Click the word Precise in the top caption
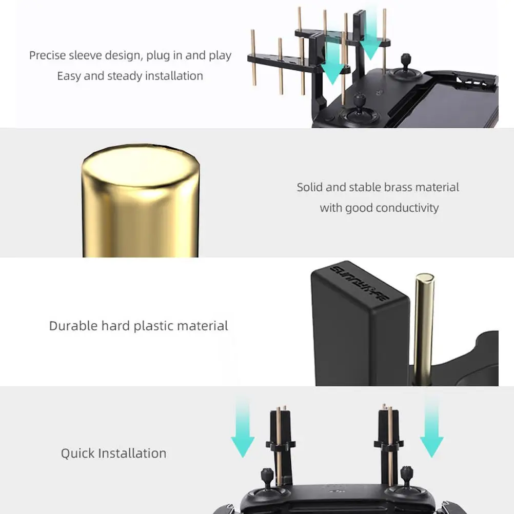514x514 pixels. click(48, 55)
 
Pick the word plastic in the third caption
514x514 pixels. click(153, 326)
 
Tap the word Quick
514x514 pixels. click(77, 453)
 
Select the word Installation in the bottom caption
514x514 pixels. click(132, 453)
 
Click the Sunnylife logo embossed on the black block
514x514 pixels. click(360, 282)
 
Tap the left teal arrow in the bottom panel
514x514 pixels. click(243, 428)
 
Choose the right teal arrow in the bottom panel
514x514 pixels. click(432, 428)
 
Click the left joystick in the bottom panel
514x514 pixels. click(267, 481)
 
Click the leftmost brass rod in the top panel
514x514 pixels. click(253, 57)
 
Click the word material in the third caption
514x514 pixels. click(203, 326)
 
